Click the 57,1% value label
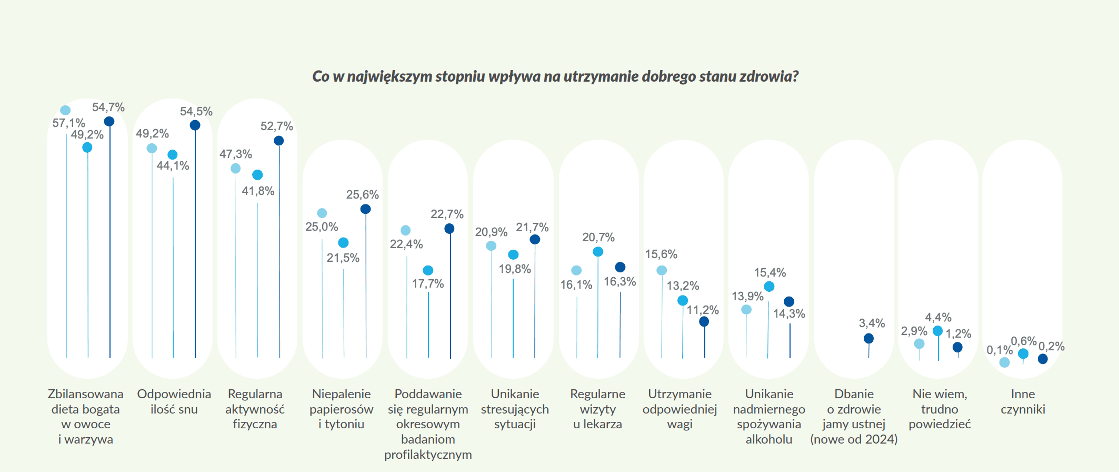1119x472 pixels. point(68,123)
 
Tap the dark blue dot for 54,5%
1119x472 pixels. point(195,125)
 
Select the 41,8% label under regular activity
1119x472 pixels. point(258,191)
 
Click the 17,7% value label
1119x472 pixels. point(427,284)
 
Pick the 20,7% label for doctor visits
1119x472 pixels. point(598,238)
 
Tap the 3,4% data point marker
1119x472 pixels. point(868,339)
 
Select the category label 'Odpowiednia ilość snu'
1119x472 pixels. point(174,401)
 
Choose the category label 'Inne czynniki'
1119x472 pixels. point(1023,401)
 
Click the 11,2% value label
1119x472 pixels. point(703,310)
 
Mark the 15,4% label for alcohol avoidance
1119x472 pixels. point(770,273)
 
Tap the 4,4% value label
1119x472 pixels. point(938,318)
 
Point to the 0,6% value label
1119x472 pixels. point(1023,341)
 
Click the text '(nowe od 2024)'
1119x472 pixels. point(854,439)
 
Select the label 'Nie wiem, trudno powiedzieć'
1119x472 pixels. point(940,409)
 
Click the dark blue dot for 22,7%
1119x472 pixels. point(449,229)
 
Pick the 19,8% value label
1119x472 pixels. point(515,269)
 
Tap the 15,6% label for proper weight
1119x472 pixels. point(661,254)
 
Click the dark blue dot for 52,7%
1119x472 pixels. point(279,141)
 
